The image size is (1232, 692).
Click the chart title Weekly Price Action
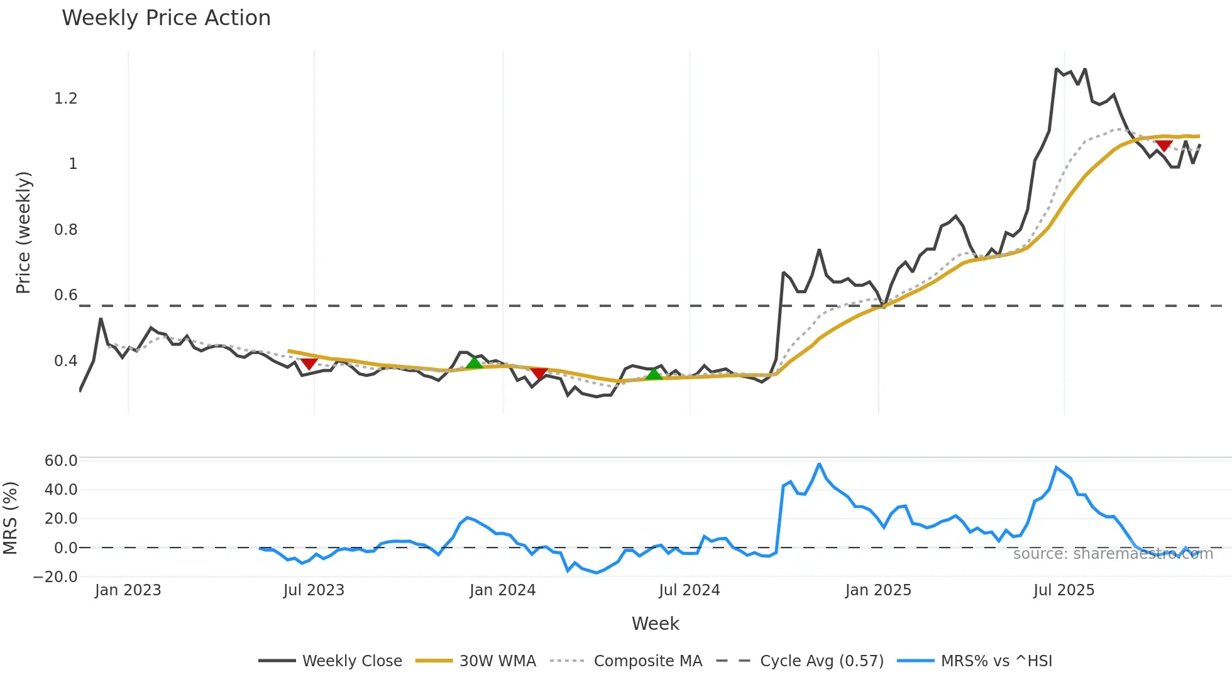pyautogui.click(x=166, y=18)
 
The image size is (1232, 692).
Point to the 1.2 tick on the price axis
pyautogui.click(x=66, y=99)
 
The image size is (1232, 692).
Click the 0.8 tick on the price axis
pyautogui.click(x=66, y=230)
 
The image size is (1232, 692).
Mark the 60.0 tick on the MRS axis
pyautogui.click(x=61, y=461)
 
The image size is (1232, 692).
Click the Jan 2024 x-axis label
pyautogui.click(x=502, y=590)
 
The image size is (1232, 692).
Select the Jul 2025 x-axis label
pyautogui.click(x=1064, y=590)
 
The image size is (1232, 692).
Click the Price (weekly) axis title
pyautogui.click(x=23, y=232)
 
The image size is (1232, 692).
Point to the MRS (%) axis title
pyautogui.click(x=10, y=518)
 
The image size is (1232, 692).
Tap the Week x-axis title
pyautogui.click(x=655, y=624)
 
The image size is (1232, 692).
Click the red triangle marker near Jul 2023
pyautogui.click(x=309, y=364)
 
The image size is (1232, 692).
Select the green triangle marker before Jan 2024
pyautogui.click(x=475, y=362)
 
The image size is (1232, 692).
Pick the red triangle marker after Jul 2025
pyautogui.click(x=1163, y=146)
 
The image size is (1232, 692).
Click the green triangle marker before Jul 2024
pyautogui.click(x=654, y=374)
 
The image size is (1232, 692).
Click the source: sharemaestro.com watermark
pyautogui.click(x=1113, y=554)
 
